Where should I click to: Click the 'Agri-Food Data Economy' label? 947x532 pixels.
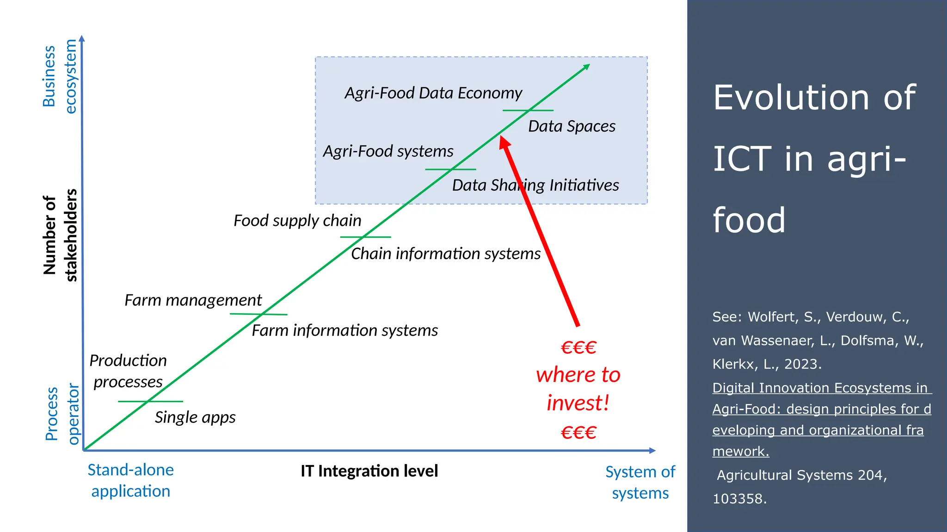433,93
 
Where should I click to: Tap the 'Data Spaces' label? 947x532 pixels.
572,127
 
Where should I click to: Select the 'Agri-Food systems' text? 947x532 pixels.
388,151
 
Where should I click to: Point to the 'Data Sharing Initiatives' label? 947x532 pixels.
535,186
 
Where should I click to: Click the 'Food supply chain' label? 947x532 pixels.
297,221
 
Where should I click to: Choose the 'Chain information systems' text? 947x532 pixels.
445,254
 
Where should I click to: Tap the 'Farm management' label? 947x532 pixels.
193,301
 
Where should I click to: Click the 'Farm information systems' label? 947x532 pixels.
344,331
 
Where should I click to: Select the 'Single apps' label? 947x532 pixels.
195,417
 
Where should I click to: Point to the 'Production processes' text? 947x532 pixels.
128,371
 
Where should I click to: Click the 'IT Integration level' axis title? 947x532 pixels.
369,471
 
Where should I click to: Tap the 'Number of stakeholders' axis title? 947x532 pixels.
60,235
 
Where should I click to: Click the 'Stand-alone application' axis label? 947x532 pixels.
130,480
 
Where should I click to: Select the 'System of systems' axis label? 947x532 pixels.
640,483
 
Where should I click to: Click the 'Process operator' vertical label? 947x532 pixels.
62,414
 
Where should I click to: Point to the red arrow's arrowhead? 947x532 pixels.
504,141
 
